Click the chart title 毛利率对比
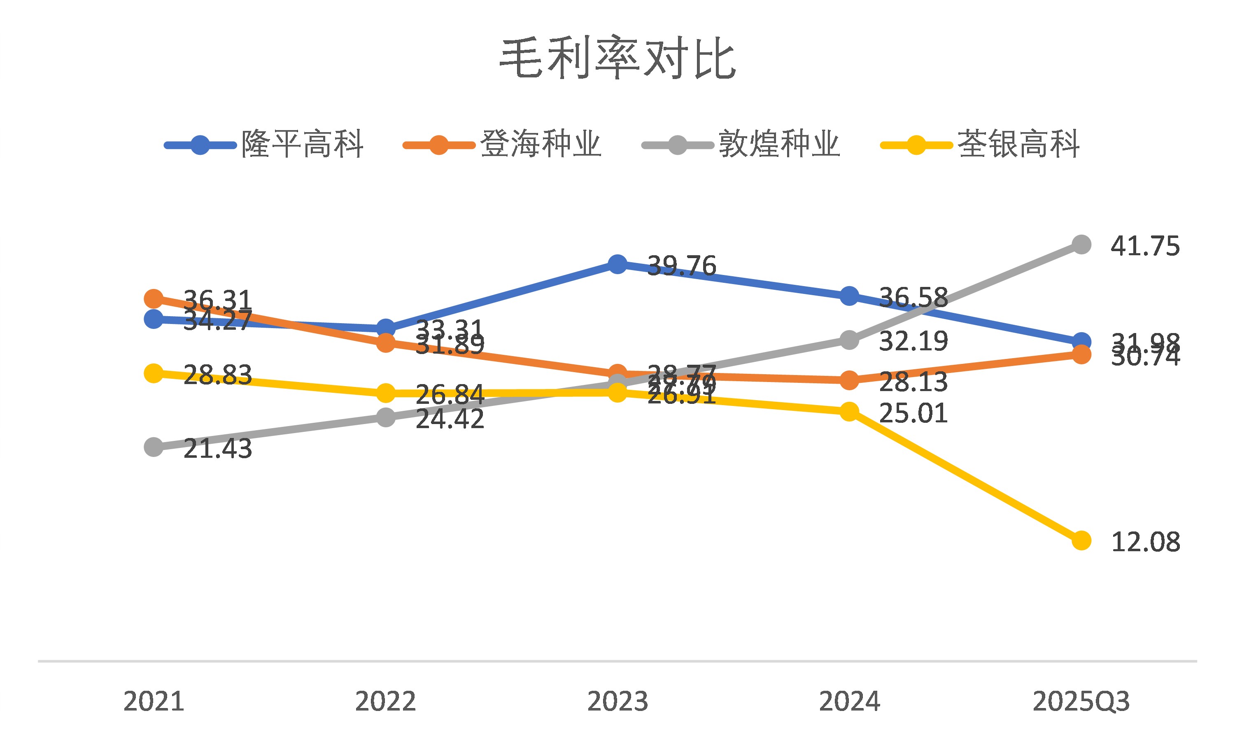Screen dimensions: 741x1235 (617, 58)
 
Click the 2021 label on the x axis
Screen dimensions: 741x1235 (154, 701)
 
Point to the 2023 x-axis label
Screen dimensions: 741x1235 (617, 701)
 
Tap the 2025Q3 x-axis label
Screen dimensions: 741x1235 (1081, 701)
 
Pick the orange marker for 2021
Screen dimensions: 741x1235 (154, 298)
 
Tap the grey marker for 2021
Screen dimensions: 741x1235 (154, 447)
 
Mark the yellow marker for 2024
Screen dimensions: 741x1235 (849, 411)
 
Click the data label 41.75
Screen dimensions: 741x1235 (1145, 246)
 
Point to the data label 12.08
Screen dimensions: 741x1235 (1145, 542)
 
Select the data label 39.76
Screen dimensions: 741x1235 (681, 266)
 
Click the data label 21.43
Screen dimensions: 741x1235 (218, 449)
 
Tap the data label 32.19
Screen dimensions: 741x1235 (913, 342)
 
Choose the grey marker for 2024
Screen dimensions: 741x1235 (849, 340)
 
